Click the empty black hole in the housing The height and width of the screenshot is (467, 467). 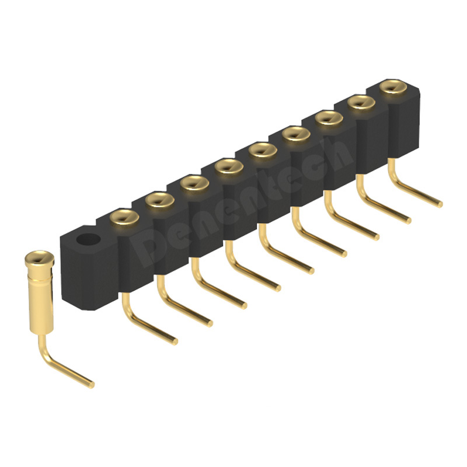(x=89, y=240)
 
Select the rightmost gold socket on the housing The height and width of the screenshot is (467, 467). (x=393, y=87)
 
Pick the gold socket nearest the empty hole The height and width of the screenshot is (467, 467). (x=124, y=217)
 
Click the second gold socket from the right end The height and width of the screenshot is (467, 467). (x=361, y=103)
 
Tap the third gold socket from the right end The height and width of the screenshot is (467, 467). (x=329, y=119)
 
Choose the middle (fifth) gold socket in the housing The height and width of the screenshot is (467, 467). (x=263, y=151)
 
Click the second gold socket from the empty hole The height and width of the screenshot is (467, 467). (x=159, y=200)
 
